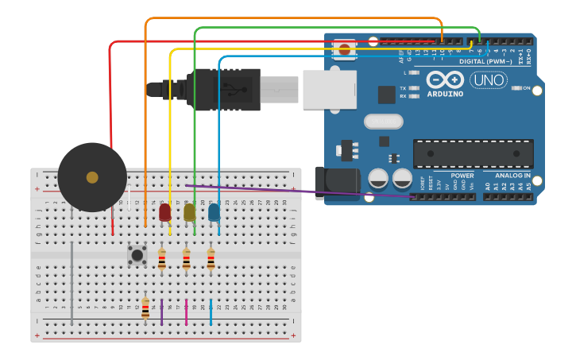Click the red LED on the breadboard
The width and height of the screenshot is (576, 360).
[164, 212]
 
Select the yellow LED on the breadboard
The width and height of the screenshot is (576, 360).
[189, 212]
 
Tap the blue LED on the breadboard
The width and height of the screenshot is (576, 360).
[214, 212]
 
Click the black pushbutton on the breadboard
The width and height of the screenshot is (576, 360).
[137, 255]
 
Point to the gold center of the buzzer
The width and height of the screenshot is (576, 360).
[92, 177]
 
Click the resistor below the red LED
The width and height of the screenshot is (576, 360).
[162, 259]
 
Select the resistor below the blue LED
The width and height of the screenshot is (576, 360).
[211, 259]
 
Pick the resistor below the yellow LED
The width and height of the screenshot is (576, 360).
[187, 259]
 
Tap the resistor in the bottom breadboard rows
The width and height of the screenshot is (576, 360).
[145, 308]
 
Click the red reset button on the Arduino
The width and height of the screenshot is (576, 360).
[344, 49]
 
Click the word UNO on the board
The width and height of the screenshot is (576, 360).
[488, 79]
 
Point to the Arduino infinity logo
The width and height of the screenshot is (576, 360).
[445, 79]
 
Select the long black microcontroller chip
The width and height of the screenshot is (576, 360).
[473, 153]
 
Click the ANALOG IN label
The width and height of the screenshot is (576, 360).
[507, 176]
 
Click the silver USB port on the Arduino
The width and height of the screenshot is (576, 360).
[329, 90]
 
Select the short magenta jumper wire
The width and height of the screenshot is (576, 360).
[187, 312]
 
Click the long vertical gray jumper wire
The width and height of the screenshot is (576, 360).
[72, 282]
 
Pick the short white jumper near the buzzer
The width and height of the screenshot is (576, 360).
[129, 198]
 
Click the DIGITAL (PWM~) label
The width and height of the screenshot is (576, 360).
[484, 61]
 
